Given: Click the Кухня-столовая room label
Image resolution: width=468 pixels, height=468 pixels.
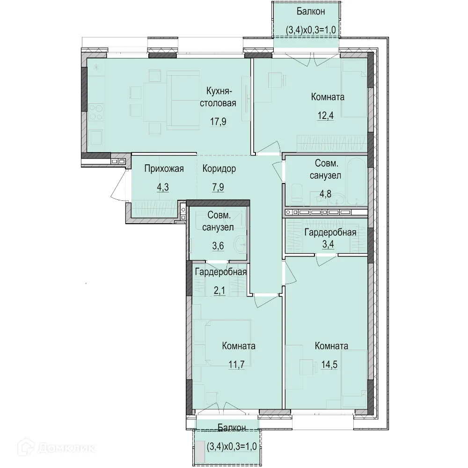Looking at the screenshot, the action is click(x=218, y=97).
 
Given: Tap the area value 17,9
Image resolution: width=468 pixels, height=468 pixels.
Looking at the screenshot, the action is click(x=218, y=122).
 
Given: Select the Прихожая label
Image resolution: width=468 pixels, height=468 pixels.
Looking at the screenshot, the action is click(x=164, y=168).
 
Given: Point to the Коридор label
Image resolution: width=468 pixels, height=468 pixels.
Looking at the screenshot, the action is click(x=219, y=168).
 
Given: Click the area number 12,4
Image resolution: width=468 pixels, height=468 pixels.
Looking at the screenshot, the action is click(x=325, y=116).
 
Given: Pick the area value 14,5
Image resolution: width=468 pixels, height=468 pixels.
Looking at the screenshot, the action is click(x=329, y=365).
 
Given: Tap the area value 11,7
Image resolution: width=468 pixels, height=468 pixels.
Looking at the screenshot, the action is click(x=237, y=365).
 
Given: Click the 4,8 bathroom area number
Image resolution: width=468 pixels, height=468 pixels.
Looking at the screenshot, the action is click(x=325, y=194).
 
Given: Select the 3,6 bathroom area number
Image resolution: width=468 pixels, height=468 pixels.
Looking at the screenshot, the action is click(x=218, y=246).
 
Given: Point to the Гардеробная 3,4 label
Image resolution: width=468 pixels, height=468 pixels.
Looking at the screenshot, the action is click(x=330, y=238).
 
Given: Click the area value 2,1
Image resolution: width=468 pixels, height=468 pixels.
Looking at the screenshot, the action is click(x=219, y=290).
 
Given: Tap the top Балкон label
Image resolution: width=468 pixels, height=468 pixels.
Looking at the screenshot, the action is click(x=311, y=11).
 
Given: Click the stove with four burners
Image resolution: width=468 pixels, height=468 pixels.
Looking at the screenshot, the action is click(x=96, y=112).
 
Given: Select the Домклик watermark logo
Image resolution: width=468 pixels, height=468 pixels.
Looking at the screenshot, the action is click(x=57, y=448).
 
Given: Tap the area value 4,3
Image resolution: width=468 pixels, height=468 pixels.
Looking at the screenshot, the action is click(x=163, y=188).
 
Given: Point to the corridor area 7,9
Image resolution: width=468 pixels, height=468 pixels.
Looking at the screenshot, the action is click(x=218, y=188).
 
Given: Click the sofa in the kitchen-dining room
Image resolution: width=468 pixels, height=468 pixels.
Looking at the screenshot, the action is click(x=183, y=100).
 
